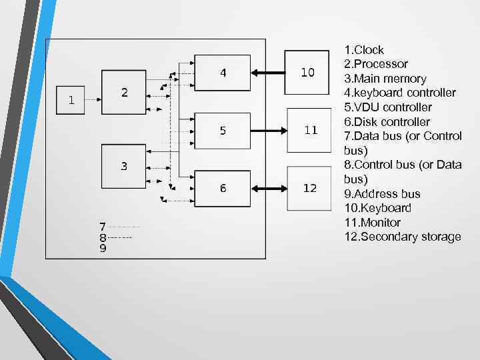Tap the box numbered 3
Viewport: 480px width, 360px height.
pyautogui.click(x=124, y=165)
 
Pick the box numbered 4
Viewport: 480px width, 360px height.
pyautogui.click(x=223, y=73)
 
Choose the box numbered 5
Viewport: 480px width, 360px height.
pyautogui.click(x=223, y=131)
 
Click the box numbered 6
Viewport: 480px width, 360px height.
pyautogui.click(x=223, y=189)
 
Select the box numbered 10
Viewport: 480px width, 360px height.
pyautogui.click(x=308, y=73)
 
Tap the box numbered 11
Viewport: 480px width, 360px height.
pyautogui.click(x=311, y=130)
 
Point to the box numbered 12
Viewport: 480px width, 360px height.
pyautogui.click(x=310, y=188)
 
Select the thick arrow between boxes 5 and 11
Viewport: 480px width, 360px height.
pyautogui.click(x=267, y=131)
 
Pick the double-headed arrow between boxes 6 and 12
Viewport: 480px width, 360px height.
pyautogui.click(x=267, y=189)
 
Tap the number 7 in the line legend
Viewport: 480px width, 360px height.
pyautogui.click(x=102, y=227)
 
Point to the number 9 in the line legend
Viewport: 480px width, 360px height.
pyautogui.click(x=102, y=248)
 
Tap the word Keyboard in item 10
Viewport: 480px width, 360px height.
pyautogui.click(x=387, y=208)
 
